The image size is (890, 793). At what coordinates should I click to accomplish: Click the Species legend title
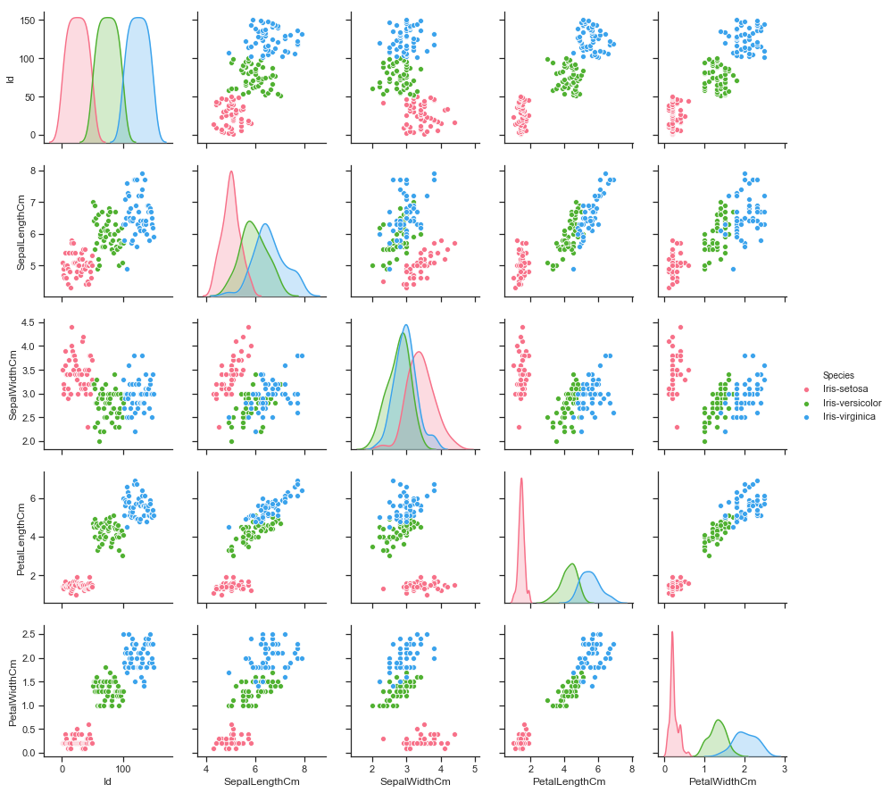click(840, 375)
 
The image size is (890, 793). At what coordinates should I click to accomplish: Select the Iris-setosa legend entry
click(848, 389)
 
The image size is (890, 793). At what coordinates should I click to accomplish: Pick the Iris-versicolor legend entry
click(852, 403)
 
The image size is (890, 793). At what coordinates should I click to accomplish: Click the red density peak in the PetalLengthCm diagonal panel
click(520, 479)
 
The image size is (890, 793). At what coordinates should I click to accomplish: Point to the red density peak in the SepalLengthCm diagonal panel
click(231, 171)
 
